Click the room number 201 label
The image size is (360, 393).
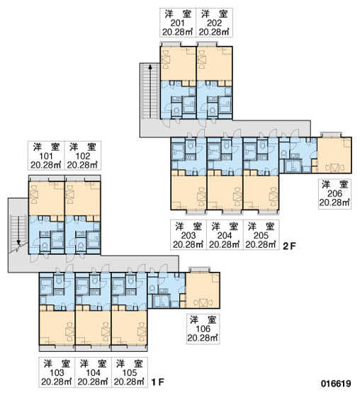tap(178, 23)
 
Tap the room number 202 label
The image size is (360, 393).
tap(214, 23)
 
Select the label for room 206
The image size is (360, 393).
tap(334, 193)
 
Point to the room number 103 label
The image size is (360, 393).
tap(57, 372)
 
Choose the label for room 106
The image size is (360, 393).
tap(203, 329)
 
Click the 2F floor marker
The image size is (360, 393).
tap(289, 246)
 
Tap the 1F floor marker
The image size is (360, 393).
tap(157, 382)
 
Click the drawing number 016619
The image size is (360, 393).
tap(336, 383)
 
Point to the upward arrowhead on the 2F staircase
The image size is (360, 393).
tap(150, 67)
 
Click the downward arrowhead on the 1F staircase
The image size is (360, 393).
tap(18, 242)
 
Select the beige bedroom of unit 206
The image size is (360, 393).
tap(334, 155)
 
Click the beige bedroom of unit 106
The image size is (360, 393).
tap(203, 290)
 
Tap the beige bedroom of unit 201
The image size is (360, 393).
tap(178, 64)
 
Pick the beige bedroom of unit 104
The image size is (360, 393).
tap(93, 328)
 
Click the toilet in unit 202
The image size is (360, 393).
tap(213, 110)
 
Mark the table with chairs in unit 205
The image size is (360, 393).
tap(273, 196)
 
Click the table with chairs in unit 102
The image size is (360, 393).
tap(69, 195)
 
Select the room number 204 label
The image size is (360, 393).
tap(225, 235)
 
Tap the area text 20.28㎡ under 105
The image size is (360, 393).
tap(129, 382)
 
